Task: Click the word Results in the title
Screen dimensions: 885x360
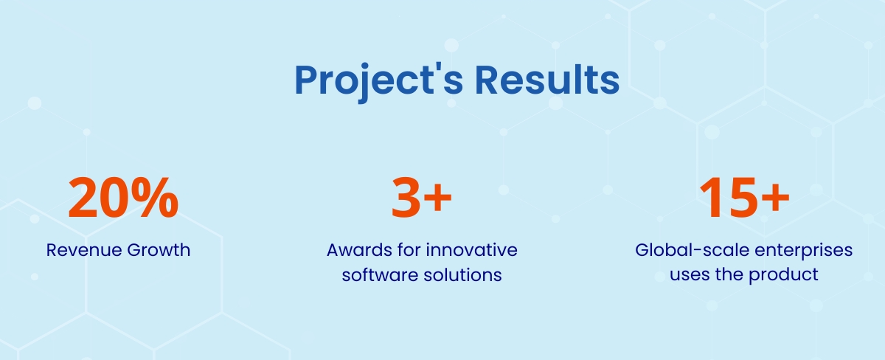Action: [x=546, y=80]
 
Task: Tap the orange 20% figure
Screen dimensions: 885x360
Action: [x=123, y=198]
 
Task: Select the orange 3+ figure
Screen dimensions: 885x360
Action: [x=421, y=198]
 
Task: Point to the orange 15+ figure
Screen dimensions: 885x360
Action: [x=744, y=198]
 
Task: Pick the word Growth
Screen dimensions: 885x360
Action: [x=159, y=250]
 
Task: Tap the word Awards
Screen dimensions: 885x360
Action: [x=360, y=250]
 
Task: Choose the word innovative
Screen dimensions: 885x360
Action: [x=472, y=250]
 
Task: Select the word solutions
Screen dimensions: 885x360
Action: [x=462, y=275]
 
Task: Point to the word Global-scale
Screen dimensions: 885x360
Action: [x=693, y=250]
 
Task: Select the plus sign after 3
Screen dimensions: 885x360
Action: [x=437, y=197]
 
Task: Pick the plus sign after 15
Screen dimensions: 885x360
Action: [x=776, y=197]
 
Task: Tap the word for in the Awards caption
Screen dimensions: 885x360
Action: [x=409, y=250]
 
